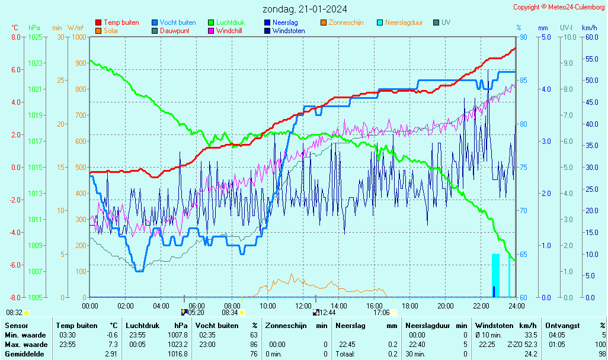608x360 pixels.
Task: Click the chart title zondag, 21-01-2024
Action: coord(305,9)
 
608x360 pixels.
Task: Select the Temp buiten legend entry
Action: coord(121,22)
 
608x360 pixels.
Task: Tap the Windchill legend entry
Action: coord(228,31)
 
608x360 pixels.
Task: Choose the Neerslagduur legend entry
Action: coord(404,22)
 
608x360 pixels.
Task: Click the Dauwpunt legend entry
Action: coord(174,31)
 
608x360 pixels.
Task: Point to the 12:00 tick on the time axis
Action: coord(303,306)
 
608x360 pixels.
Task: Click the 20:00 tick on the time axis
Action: coord(446,306)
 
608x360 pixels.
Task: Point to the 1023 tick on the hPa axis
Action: coord(35,63)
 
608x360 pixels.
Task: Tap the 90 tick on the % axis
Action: coord(523,37)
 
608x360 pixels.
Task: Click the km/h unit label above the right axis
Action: coord(589,28)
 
